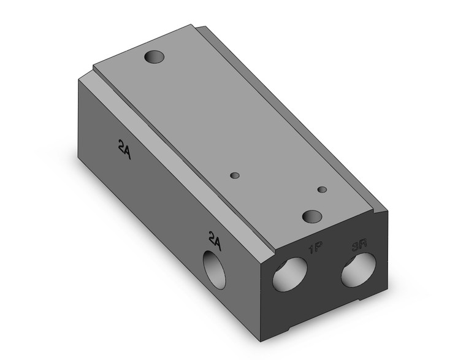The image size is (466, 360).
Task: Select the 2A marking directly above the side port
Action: (x=214, y=239)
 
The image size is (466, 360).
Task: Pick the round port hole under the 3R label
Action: (x=358, y=269)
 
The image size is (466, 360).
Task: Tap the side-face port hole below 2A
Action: (x=215, y=270)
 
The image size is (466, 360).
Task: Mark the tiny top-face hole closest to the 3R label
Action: (x=323, y=190)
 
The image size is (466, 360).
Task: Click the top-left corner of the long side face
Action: (x=78, y=80)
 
